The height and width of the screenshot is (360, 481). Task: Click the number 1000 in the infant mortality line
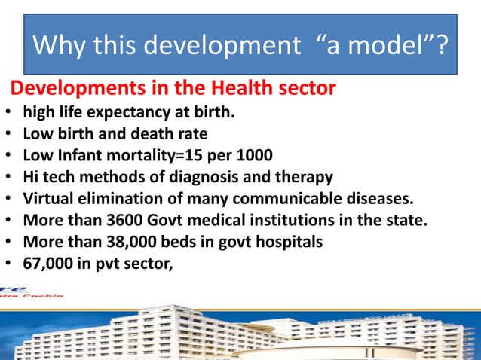coord(234,157)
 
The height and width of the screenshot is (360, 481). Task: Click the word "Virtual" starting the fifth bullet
coord(47,200)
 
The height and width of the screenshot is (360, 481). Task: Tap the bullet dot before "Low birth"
coord(8,136)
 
